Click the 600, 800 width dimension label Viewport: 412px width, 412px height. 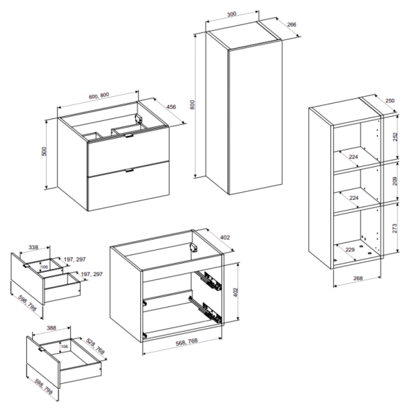pos(99,95)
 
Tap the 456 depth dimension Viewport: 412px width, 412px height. pos(171,107)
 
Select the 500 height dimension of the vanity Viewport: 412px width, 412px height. pos(44,151)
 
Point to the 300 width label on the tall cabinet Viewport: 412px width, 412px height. pos(231,14)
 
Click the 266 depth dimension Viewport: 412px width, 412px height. pos(292,25)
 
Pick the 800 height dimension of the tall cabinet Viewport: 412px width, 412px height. pos(192,105)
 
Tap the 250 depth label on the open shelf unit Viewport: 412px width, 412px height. pos(390,101)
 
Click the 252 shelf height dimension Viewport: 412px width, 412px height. pos(395,137)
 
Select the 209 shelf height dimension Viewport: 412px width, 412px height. pos(395,181)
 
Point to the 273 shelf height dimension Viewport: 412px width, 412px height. pos(395,229)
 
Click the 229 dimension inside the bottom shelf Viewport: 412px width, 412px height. pos(350,250)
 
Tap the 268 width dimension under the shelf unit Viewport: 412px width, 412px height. pos(358,278)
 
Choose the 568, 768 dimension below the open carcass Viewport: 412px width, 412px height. pos(186,341)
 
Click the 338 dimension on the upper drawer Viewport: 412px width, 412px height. pos(34,247)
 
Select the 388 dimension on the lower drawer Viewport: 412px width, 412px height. pos(51,328)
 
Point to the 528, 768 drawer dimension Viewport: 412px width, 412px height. pos(95,346)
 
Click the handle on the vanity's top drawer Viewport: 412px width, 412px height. pos(129,135)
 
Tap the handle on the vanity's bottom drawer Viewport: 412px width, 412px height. pos(129,170)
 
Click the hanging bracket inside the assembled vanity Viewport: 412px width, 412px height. pos(139,119)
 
